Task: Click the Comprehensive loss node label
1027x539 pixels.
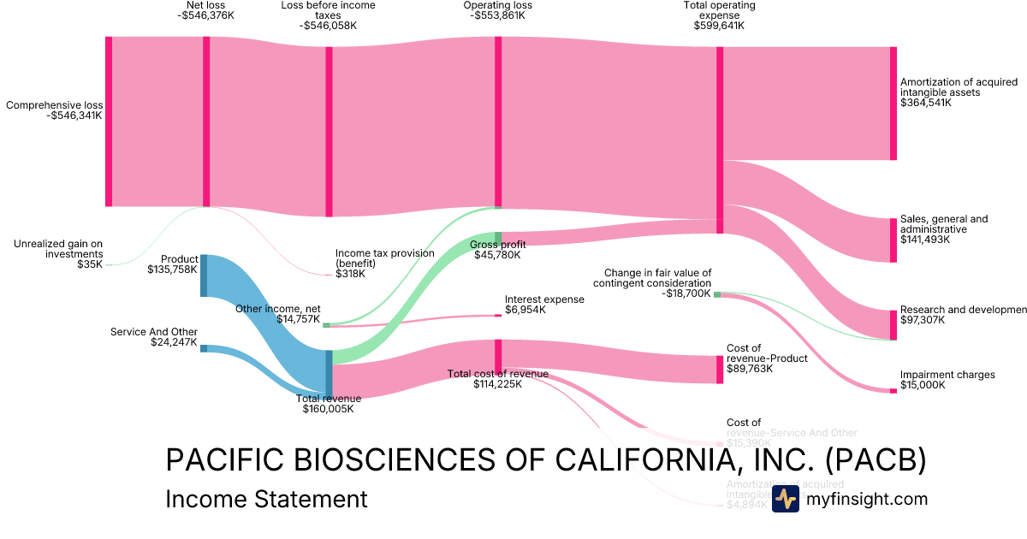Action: point(54,105)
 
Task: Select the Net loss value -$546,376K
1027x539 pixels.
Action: point(205,15)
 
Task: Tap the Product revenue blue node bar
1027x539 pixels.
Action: point(204,275)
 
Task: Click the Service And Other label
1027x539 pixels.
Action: point(154,332)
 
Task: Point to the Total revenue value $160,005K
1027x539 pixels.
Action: point(328,409)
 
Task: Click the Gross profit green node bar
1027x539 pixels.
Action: point(497,238)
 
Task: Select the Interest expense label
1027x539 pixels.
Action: point(544,299)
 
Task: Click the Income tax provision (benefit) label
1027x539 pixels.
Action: point(384,258)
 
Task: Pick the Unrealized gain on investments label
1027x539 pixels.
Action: point(58,249)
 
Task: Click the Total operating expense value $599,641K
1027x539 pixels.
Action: point(719,26)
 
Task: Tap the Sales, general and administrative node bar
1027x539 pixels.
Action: point(893,240)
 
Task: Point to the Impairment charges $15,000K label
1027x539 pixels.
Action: point(947,380)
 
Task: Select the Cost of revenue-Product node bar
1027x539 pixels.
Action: point(720,369)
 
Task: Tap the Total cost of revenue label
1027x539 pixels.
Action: point(497,373)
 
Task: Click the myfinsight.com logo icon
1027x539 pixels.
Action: point(785,499)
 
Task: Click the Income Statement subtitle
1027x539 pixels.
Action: point(266,499)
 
